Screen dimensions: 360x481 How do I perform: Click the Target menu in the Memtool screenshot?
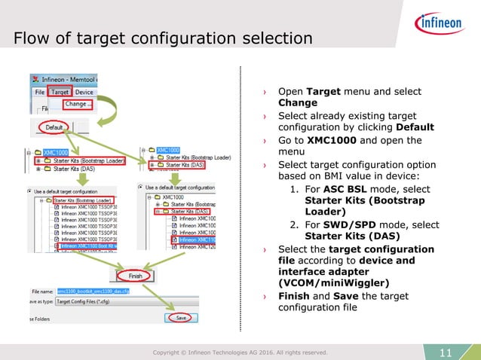(x=60, y=92)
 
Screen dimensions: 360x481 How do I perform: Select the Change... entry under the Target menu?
(x=75, y=104)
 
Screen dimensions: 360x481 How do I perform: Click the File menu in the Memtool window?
(x=38, y=92)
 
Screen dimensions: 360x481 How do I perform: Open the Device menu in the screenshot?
(x=84, y=92)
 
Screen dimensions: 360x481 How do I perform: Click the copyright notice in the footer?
(x=240, y=352)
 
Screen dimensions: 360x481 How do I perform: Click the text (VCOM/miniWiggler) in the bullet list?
(x=329, y=282)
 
